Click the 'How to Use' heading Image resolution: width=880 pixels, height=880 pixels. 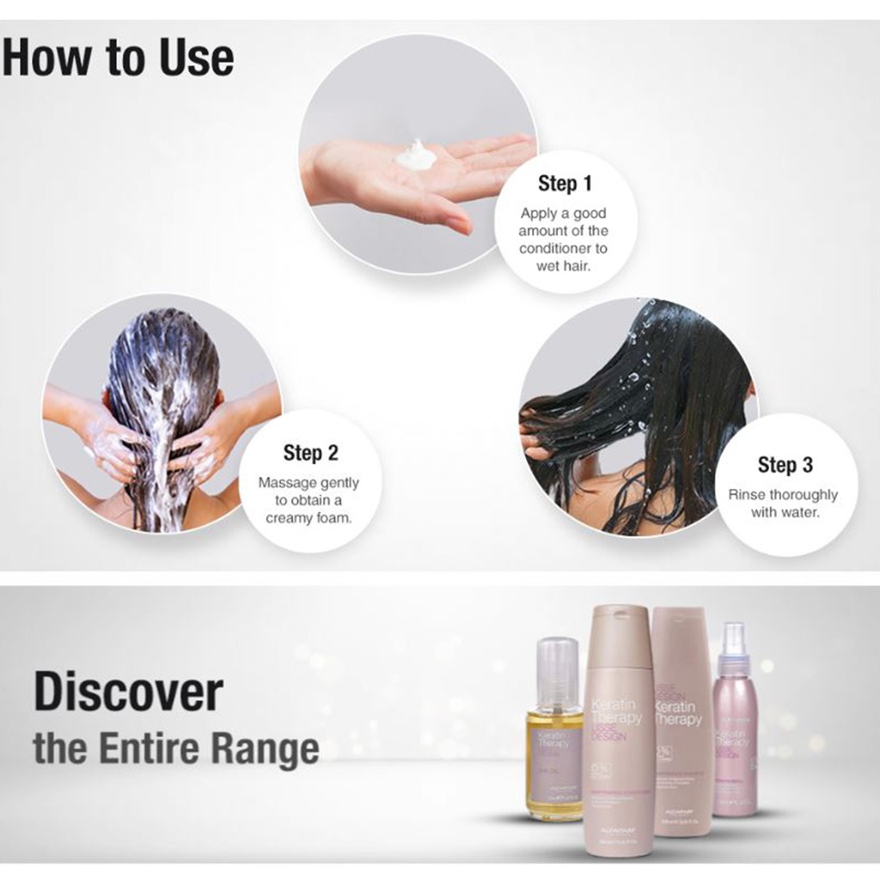click(x=118, y=58)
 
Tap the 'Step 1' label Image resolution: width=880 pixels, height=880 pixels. click(x=564, y=183)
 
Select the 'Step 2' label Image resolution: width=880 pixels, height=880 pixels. click(x=309, y=453)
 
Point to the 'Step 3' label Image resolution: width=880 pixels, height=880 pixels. click(x=785, y=465)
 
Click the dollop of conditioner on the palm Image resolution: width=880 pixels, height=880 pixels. click(x=416, y=156)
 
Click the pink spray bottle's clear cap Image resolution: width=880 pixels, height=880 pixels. click(x=733, y=640)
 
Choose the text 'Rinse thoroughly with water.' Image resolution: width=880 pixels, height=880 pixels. click(x=782, y=504)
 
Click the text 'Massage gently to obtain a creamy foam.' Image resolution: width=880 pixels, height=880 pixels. click(x=309, y=500)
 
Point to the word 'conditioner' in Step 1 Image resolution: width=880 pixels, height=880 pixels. click(x=563, y=248)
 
